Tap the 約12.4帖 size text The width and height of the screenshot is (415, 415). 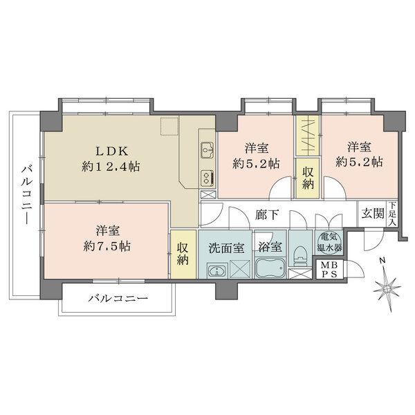click(x=111, y=166)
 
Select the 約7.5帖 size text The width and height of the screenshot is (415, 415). click(x=106, y=246)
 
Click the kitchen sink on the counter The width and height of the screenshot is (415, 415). click(x=207, y=149)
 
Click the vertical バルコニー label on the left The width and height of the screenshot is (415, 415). click(x=26, y=194)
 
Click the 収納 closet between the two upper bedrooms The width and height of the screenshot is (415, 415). click(x=308, y=177)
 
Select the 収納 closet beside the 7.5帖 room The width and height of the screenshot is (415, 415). click(x=183, y=253)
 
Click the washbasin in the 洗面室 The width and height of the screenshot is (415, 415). click(x=218, y=270)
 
